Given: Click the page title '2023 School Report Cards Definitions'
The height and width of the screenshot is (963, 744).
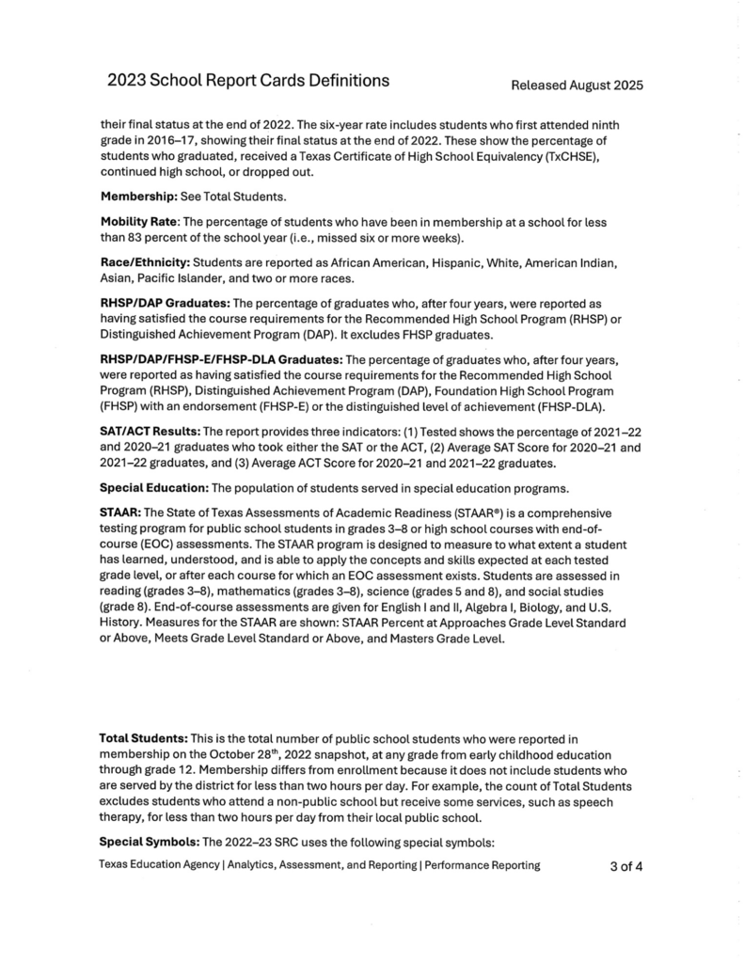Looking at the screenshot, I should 248,81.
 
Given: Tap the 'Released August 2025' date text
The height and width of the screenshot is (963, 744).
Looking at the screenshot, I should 577,86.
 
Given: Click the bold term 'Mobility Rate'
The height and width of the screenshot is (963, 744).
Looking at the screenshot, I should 139,221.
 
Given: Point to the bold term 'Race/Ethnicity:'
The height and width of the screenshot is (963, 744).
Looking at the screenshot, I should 144,260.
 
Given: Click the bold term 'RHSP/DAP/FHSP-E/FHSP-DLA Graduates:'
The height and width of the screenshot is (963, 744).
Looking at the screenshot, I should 221,360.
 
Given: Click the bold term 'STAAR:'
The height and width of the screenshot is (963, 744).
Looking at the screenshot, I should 119,513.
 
